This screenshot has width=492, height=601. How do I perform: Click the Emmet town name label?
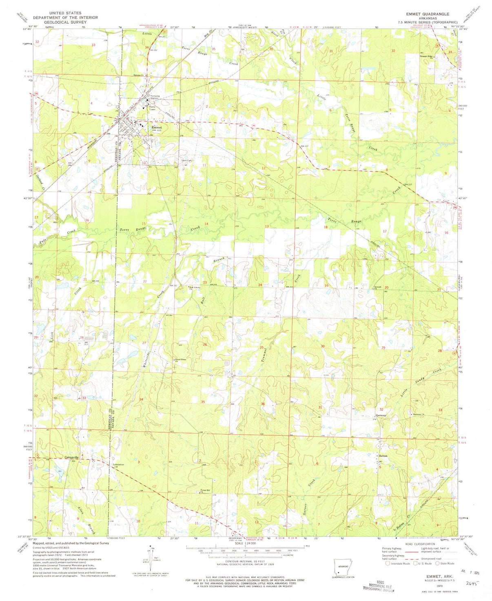tap(157, 127)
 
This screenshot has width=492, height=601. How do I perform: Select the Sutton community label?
tap(383, 455)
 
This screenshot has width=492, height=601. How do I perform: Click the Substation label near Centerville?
tap(118, 464)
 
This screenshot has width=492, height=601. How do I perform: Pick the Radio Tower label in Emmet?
tap(152, 108)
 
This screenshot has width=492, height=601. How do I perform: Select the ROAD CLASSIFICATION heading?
tap(418, 544)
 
